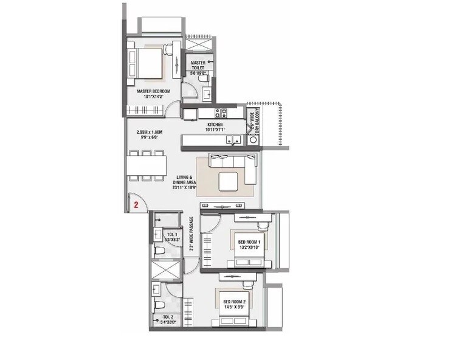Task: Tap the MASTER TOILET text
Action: coord(198,63)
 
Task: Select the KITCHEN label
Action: coord(215,124)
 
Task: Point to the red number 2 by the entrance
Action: coord(136,206)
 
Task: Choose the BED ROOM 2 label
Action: coord(234,302)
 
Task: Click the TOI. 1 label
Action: coord(172,234)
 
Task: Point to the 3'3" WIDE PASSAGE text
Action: coord(191,234)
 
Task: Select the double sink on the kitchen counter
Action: coord(233,139)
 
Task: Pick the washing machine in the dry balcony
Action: coord(254,139)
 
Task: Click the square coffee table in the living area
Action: coord(229,181)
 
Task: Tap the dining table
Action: coord(147,166)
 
